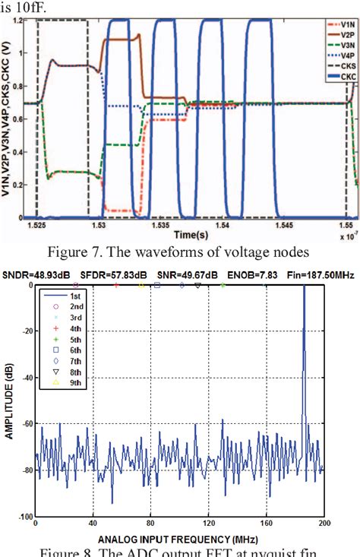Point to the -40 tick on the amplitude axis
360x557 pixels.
pyautogui.click(x=24, y=378)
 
